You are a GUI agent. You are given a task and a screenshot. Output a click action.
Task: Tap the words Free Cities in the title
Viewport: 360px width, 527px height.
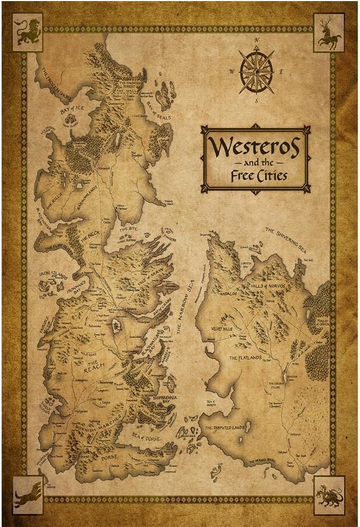point(255,175)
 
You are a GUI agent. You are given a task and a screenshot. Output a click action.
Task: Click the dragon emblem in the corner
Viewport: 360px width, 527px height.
point(328,492)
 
